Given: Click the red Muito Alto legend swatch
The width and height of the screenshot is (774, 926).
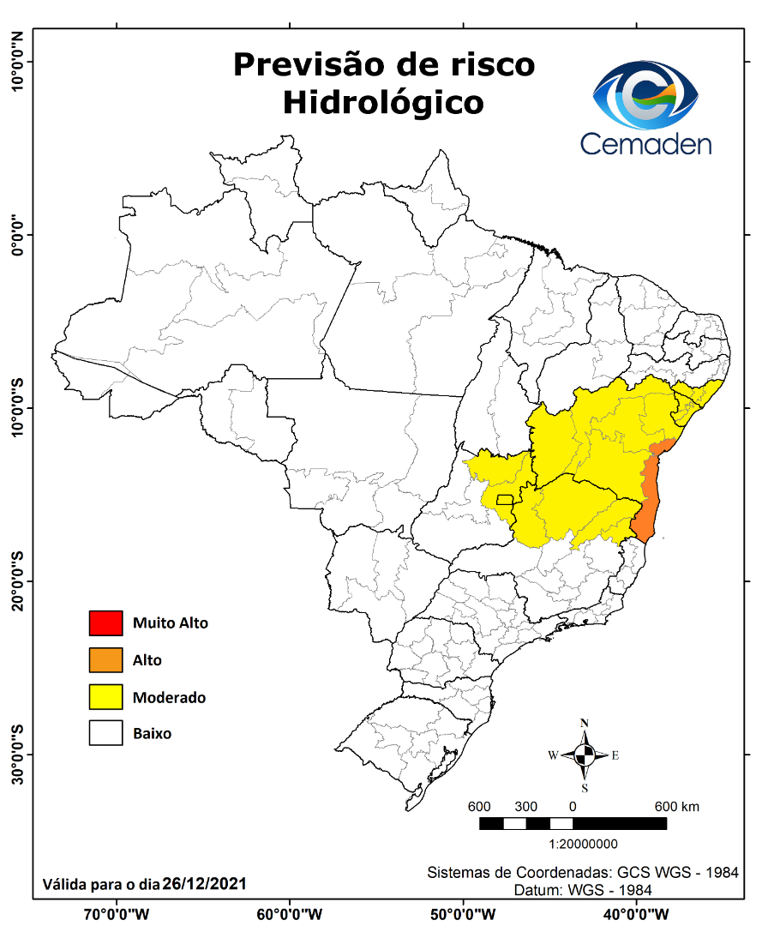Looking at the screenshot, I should (105, 623).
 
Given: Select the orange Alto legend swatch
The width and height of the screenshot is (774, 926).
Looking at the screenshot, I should (105, 660).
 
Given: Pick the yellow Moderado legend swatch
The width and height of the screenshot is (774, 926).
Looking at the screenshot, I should (105, 697).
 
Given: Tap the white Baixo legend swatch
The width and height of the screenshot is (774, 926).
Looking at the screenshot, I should (105, 734).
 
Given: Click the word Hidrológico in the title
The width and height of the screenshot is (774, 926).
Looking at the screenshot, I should (382, 102).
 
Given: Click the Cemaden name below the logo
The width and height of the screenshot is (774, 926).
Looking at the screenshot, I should (645, 143).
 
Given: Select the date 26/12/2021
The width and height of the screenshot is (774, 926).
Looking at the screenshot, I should (206, 882).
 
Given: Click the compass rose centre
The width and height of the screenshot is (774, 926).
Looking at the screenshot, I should (584, 755).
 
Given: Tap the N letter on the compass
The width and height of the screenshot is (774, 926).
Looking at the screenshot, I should (584, 723).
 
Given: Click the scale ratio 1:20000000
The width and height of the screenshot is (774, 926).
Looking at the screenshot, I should (583, 844).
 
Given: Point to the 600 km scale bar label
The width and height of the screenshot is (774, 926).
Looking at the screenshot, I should (677, 807).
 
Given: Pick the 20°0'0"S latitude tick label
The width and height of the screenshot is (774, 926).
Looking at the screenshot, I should (17, 580).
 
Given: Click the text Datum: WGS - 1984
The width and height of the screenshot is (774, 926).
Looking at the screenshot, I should (583, 890).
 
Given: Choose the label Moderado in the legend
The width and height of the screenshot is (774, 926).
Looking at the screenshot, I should (169, 697).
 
